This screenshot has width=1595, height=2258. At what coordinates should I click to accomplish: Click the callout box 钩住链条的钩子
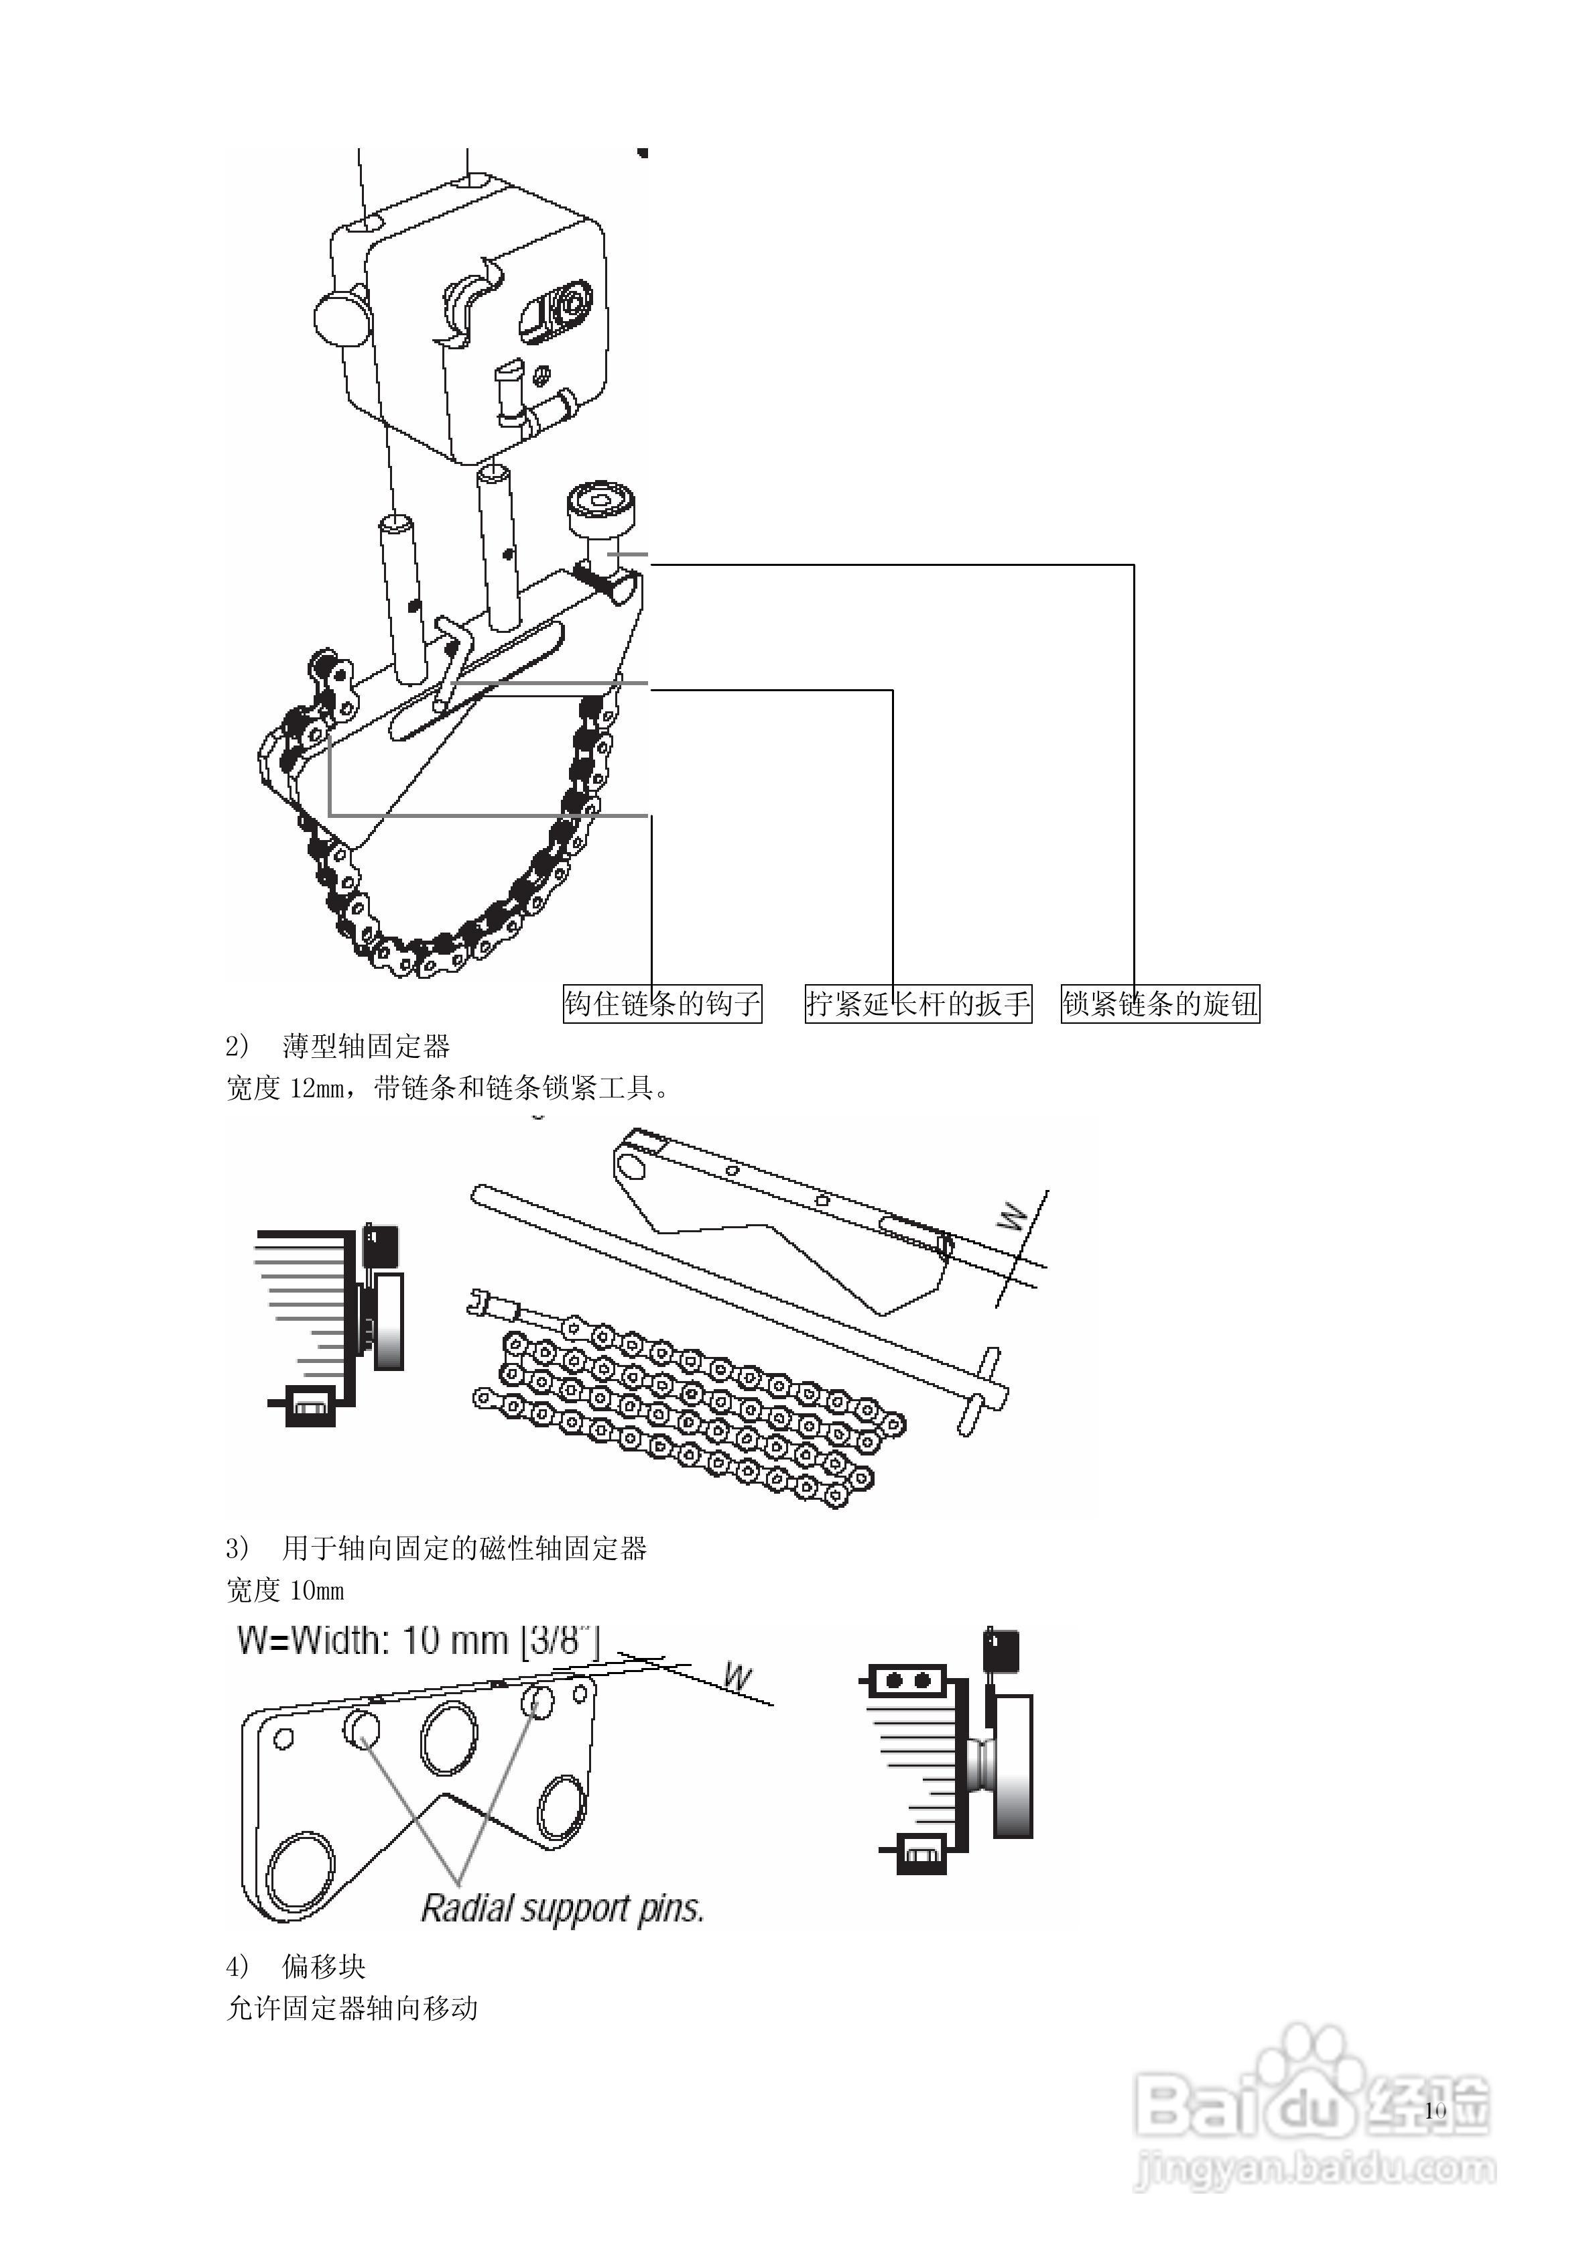[662, 1003]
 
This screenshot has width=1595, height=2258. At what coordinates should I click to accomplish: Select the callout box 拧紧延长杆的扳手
[917, 1003]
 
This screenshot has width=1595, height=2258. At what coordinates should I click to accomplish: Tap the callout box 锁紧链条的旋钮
[1159, 1003]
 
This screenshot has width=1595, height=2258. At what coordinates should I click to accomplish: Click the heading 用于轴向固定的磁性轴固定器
[464, 1549]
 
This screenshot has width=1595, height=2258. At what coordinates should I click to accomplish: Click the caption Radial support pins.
[562, 1909]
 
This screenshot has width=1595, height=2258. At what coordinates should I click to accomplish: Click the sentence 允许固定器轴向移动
[352, 2008]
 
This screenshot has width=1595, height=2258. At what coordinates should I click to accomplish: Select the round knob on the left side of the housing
[341, 316]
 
